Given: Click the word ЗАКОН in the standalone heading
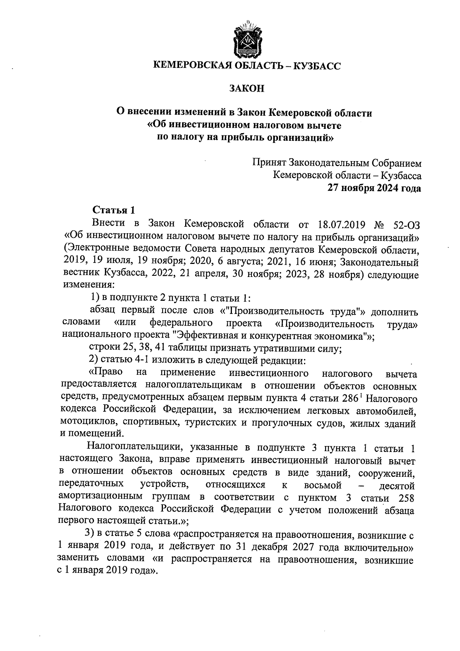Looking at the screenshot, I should point(246,89).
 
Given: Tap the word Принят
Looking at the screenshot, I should point(269,163).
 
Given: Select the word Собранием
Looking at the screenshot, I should point(397,163).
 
